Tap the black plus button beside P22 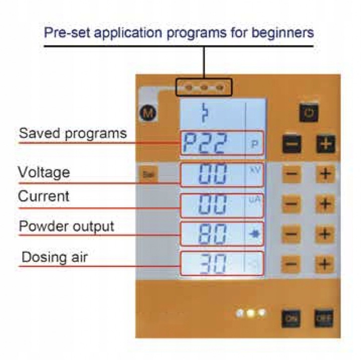click(x=325, y=145)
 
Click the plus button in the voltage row click(x=325, y=174)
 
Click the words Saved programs click(x=73, y=134)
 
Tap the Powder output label click(x=67, y=226)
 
